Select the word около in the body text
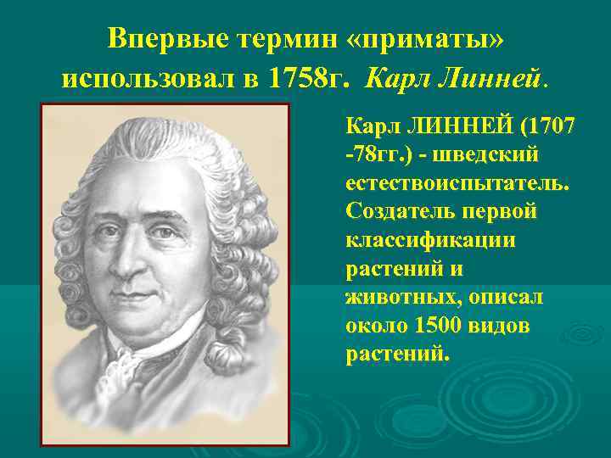pos(377,326)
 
